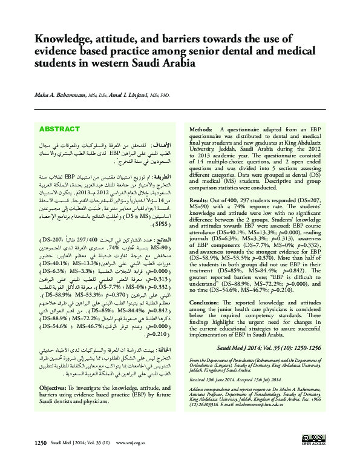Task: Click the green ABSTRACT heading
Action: (x=59, y=130)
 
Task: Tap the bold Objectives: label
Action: (x=57, y=386)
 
